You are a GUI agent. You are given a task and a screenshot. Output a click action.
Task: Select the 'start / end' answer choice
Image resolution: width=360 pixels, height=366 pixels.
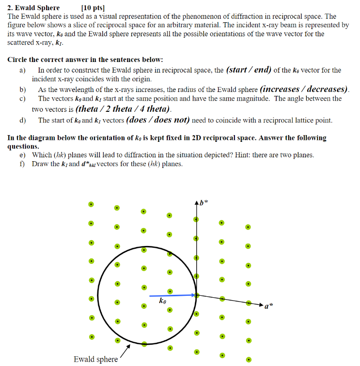point(249,70)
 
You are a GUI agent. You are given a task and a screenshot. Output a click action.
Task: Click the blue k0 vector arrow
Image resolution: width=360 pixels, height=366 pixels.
point(172,295)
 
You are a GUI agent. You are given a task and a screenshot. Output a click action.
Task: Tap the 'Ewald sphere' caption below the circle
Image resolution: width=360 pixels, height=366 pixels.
point(95,359)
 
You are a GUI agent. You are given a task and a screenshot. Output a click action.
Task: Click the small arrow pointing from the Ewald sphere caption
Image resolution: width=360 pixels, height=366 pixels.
point(125,350)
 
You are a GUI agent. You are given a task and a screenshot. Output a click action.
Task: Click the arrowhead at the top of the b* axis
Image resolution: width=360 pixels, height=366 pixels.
point(196,202)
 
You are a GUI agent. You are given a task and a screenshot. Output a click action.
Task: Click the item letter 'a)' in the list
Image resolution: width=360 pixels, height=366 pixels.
point(22,70)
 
